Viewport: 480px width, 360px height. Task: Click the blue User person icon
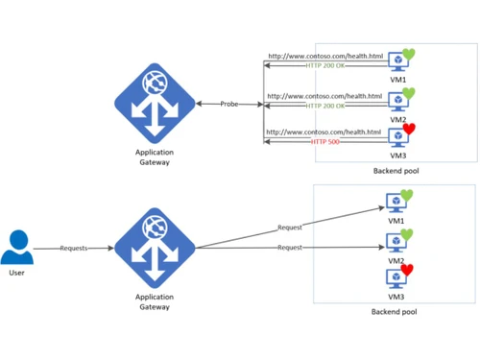16,247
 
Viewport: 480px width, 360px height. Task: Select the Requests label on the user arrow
74,249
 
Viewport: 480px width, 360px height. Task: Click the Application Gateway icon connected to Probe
155,103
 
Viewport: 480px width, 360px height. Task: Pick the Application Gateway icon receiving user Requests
155,247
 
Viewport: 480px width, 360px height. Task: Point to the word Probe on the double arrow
229,104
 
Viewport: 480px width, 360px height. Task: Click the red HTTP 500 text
326,141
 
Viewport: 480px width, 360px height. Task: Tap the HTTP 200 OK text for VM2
325,105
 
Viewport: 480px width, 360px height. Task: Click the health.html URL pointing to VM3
324,132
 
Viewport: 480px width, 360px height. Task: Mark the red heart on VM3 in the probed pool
408,129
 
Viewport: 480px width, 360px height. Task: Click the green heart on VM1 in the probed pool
408,54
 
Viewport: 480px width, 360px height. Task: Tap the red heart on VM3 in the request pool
407,271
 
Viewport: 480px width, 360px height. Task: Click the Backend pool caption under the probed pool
396,170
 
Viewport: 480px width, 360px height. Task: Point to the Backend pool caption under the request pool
395,312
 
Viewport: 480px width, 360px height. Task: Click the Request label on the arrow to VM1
290,228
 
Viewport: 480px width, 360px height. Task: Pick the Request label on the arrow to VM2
290,248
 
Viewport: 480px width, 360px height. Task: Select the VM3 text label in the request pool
396,295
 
